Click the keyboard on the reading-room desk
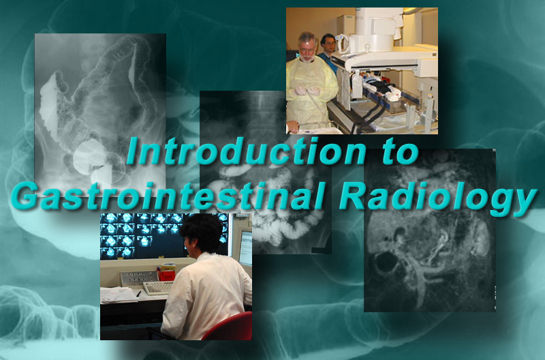tap(158, 288)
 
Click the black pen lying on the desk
tap(138, 294)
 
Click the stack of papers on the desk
tap(118, 295)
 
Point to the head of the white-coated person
tap(202, 233)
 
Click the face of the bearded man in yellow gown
tap(307, 48)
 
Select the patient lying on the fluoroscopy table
tap(379, 87)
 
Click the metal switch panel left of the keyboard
tap(139, 279)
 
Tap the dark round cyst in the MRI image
tap(386, 262)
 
